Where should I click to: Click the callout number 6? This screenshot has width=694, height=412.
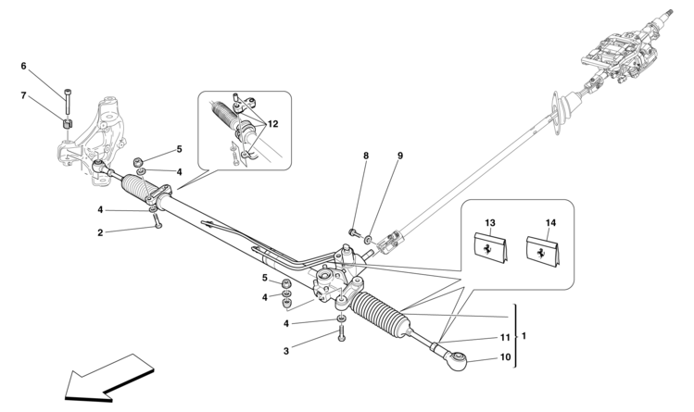coord(23,66)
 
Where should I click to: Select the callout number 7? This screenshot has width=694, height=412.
coord(23,95)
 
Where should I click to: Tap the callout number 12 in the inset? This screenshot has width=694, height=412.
coord(273,124)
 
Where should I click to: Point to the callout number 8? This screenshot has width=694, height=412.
coord(366,156)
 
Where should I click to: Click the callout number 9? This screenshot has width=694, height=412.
coord(400,156)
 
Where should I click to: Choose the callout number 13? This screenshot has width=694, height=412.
coord(490,223)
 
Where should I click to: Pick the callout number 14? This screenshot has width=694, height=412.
coord(550,223)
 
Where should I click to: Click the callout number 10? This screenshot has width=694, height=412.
coord(505,356)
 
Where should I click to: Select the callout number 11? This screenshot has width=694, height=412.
coord(505,338)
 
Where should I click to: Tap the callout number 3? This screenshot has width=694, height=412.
coord(286,352)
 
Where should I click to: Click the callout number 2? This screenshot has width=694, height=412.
coord(100,232)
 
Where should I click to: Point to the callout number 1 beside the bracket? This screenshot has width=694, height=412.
coord(524,336)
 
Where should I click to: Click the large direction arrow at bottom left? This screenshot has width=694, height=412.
coord(109,378)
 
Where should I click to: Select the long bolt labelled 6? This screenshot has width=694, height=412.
coord(68,101)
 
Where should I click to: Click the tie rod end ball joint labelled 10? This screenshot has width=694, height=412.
coord(456,359)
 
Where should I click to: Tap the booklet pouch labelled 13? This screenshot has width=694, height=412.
coord(491,250)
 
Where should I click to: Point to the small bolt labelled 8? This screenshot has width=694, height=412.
coord(353,231)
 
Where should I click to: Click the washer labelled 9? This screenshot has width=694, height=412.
coord(367,240)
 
